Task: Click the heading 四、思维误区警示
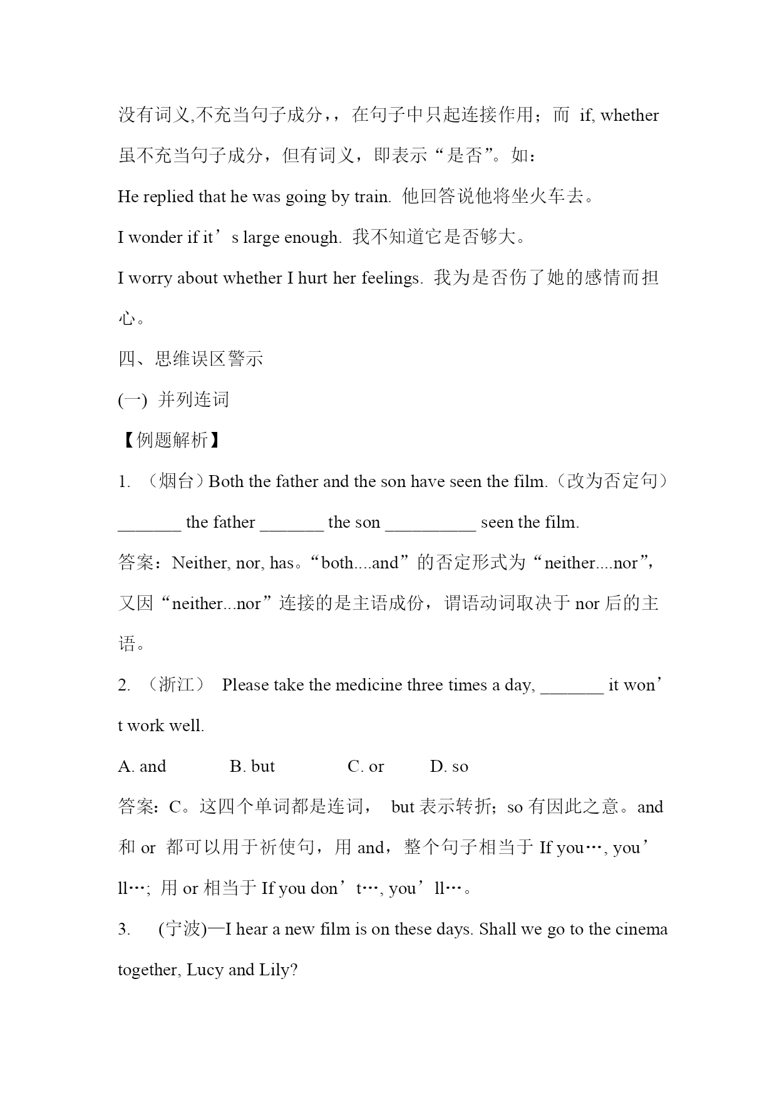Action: click(x=190, y=359)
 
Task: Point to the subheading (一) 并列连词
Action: click(x=173, y=400)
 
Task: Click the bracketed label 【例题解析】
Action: click(x=171, y=441)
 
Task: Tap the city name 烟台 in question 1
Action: click(x=176, y=481)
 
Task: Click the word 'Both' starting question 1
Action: click(x=226, y=481)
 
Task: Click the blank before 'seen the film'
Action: click(x=430, y=523)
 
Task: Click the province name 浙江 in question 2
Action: click(x=176, y=685)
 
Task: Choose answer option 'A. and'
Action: click(x=142, y=767)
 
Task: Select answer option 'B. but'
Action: click(x=252, y=767)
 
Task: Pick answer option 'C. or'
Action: click(x=366, y=767)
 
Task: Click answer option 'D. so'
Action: click(x=449, y=767)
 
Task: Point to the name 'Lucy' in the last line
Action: click(x=205, y=970)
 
